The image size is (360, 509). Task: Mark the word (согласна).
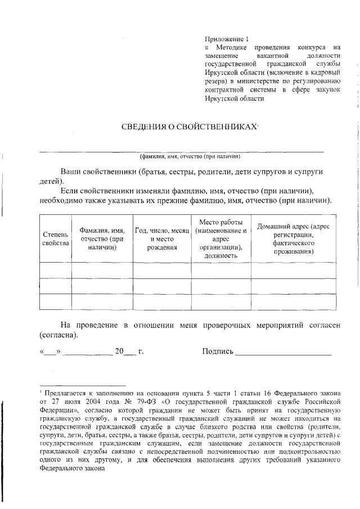click(x=58, y=335)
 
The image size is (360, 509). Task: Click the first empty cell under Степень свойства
click(x=56, y=271)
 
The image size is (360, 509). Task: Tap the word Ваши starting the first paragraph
click(x=71, y=170)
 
